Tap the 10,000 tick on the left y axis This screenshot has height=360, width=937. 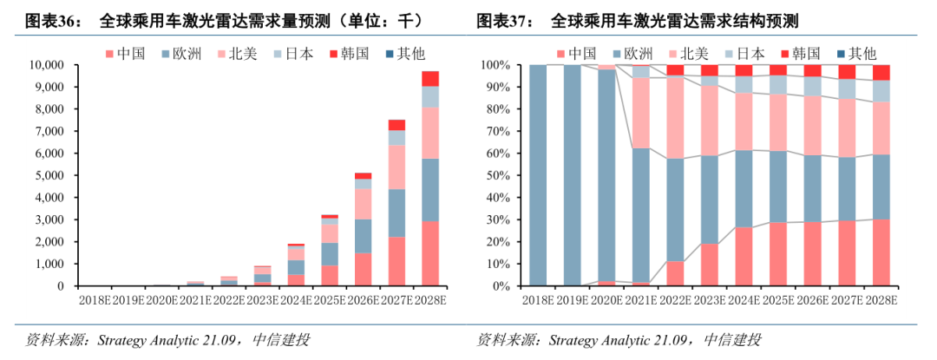coord(46,65)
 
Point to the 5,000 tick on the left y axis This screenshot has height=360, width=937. coord(49,175)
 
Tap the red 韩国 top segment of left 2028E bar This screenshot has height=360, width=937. coord(430,79)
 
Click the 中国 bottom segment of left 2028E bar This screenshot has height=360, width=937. coord(430,253)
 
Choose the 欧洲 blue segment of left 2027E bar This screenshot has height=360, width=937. coord(396,213)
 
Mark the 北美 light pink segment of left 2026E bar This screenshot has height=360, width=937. coord(364,204)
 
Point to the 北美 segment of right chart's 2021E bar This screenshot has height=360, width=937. coord(641,113)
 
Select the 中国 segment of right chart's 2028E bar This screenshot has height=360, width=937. coord(881,252)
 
